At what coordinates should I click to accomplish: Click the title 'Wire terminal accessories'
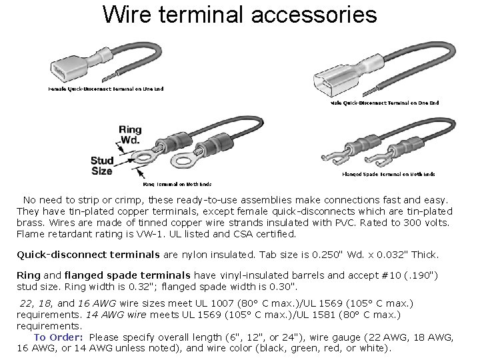[240, 14]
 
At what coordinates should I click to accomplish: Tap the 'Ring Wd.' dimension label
[129, 135]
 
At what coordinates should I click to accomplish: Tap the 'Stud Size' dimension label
[101, 165]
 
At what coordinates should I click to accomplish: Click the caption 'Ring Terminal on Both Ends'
[177, 184]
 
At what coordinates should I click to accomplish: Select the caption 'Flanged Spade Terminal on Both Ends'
[388, 174]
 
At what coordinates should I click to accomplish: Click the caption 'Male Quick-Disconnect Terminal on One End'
[384, 103]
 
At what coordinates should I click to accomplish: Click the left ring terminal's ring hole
[142, 158]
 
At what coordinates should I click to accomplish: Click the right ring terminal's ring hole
[180, 161]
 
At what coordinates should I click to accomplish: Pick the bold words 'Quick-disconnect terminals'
[88, 254]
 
